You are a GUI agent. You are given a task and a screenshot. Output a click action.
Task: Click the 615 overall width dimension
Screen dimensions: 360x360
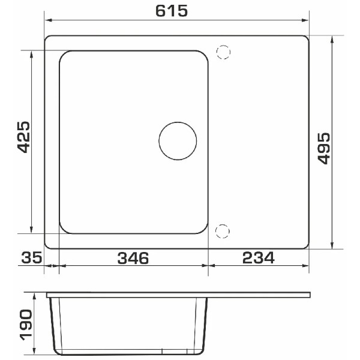172,11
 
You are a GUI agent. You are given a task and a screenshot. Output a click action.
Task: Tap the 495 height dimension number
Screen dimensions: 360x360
324,148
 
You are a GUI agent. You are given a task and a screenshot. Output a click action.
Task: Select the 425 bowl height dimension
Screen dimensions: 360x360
23,137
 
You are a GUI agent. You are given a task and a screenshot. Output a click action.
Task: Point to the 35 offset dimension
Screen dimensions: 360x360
32,257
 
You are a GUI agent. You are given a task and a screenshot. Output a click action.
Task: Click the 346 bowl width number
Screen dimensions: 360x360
133,258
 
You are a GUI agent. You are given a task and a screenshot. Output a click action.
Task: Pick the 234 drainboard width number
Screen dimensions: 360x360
259,258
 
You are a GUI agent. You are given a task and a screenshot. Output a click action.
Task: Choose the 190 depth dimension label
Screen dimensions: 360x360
26,325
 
